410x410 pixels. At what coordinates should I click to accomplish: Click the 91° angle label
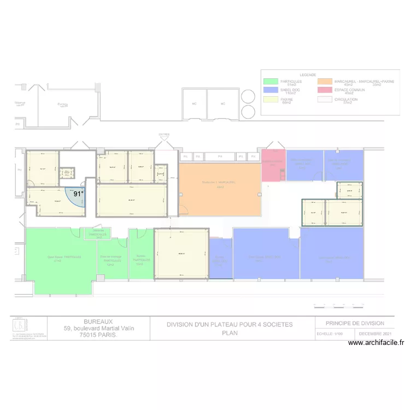tap(79, 194)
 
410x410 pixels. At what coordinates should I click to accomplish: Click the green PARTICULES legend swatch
tap(270, 82)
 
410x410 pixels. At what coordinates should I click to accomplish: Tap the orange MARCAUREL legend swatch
tap(325, 82)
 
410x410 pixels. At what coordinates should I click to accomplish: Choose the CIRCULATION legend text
tap(347, 99)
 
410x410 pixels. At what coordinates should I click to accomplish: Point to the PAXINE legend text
tap(287, 99)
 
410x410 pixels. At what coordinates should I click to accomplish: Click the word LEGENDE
tap(308, 74)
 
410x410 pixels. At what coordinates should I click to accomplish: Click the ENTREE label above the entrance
tap(164, 134)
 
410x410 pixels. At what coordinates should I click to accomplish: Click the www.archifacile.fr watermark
tap(376, 343)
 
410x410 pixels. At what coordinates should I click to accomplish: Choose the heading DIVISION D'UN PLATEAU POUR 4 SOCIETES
tap(230, 325)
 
